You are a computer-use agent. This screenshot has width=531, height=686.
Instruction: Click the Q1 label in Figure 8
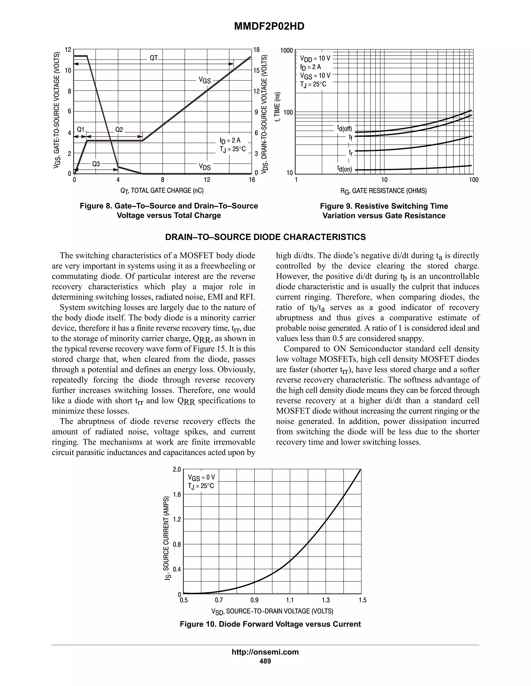click(81, 129)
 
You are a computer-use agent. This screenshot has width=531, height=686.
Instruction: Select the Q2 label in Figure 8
click(119, 129)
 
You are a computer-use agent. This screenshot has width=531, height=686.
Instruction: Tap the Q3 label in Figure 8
click(96, 164)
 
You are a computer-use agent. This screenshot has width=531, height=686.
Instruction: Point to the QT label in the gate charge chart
click(153, 58)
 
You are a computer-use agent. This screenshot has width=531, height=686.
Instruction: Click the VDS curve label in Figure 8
click(205, 166)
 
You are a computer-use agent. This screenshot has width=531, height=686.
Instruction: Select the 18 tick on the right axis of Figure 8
click(256, 50)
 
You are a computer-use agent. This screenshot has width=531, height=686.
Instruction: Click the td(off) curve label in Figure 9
click(345, 128)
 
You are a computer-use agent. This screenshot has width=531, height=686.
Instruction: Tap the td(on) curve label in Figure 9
click(345, 169)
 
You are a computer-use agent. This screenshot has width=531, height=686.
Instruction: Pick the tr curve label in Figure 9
click(351, 153)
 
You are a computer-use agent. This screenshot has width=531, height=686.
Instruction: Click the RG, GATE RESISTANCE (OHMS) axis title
click(383, 191)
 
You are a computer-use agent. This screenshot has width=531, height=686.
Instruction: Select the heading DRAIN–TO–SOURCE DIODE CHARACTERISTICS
click(265, 237)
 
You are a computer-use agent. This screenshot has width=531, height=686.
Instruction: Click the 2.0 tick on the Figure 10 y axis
click(177, 470)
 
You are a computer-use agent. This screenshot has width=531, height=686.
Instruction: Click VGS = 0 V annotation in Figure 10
click(201, 478)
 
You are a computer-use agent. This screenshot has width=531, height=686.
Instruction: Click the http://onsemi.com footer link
click(265, 652)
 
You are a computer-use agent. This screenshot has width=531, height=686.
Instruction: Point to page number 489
click(265, 661)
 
